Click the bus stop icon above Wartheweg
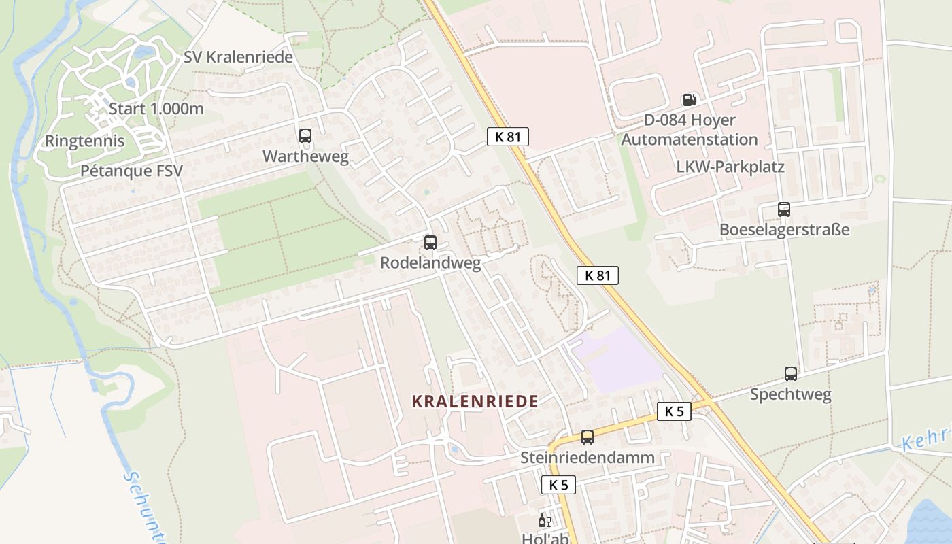305,136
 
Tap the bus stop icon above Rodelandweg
430,242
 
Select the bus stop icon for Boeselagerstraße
784,209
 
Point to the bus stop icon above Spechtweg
791,374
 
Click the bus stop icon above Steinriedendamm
588,437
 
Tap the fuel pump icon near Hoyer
689,100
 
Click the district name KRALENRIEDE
475,401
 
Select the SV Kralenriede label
238,57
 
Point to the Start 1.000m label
156,109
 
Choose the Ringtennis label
84,141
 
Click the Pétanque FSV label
131,171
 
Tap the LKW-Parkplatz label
730,167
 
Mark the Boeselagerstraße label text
785,229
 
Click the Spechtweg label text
790,394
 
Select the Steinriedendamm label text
588,458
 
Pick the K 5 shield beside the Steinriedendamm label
559,485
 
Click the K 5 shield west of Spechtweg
674,411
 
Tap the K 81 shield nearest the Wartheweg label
507,137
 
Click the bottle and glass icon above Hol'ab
544,521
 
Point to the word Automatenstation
690,139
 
